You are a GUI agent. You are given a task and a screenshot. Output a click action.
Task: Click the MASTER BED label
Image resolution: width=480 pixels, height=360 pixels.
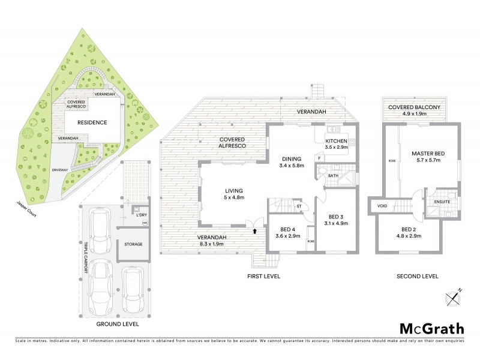tap(426, 154)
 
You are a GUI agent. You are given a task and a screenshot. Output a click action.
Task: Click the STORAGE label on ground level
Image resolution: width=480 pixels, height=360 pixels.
tap(133, 244)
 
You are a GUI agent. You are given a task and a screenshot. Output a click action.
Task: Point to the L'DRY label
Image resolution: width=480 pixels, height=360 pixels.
tap(142, 215)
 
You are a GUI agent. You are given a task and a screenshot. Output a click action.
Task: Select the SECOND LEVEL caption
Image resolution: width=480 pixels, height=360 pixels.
tap(418, 276)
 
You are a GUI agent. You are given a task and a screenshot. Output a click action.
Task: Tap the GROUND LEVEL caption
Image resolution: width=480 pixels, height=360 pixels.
tap(118, 324)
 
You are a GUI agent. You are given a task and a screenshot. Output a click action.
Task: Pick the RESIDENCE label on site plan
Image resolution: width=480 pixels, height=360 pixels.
tap(92, 122)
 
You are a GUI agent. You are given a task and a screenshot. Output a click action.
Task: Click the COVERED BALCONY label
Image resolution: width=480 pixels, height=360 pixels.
tap(414, 107)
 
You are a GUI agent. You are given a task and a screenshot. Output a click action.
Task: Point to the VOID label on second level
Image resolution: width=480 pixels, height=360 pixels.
tap(382, 206)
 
